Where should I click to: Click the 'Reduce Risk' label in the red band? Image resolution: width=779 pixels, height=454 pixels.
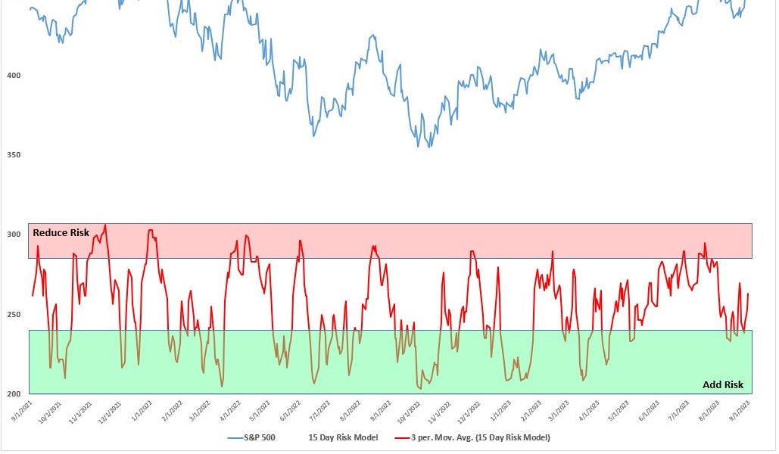point(61,233)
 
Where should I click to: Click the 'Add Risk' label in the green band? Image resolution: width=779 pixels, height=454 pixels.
point(723,384)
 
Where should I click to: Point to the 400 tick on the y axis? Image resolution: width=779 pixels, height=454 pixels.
point(14,76)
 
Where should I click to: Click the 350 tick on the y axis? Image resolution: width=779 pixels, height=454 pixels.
point(14,155)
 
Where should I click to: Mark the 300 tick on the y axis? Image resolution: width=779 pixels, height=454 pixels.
point(14,235)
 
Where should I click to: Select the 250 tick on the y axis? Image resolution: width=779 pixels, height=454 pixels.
point(14,314)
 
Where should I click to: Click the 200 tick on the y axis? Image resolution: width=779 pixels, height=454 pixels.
point(14,393)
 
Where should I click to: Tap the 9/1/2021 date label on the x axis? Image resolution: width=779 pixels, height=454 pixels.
point(20,409)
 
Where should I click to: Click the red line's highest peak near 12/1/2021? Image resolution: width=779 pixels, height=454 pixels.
point(104,225)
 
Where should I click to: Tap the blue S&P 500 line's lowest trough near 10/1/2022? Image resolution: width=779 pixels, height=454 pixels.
point(430,147)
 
